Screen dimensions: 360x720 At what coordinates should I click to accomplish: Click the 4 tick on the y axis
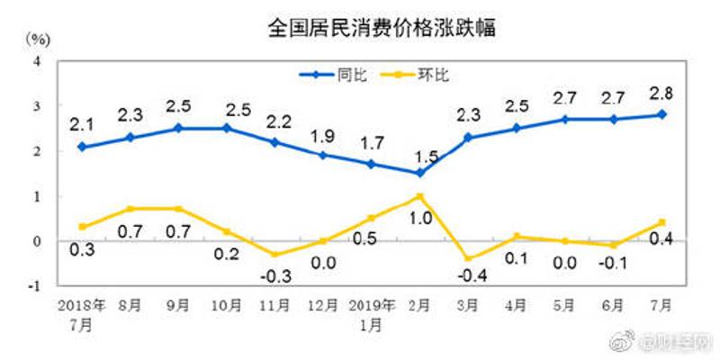38,61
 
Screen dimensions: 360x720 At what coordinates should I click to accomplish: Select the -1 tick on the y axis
36,286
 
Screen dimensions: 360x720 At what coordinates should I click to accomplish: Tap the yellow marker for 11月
275,255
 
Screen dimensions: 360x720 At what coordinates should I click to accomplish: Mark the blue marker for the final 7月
661,114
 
